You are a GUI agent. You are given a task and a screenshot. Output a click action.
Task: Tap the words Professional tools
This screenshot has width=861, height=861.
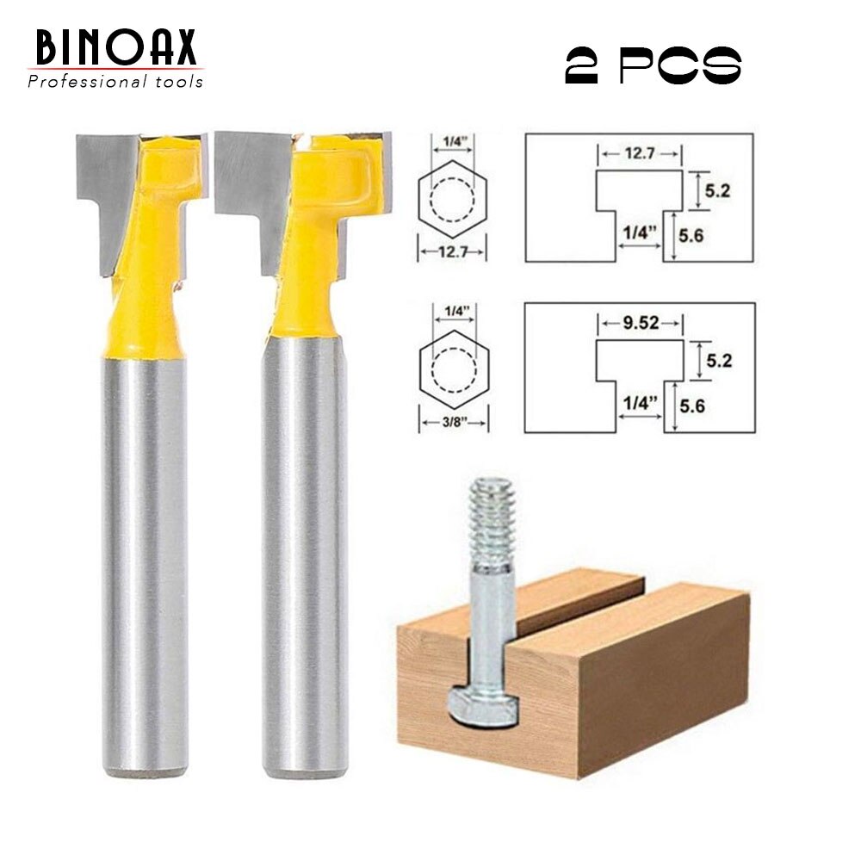[115, 82]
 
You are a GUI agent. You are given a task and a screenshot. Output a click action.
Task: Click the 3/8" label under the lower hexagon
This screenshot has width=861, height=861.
[453, 423]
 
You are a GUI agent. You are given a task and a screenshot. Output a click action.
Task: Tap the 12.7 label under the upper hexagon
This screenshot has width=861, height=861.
[453, 253]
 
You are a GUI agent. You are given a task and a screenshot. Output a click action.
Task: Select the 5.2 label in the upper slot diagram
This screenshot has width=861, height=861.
[717, 191]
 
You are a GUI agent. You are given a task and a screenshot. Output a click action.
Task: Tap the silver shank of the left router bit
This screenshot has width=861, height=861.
[145, 560]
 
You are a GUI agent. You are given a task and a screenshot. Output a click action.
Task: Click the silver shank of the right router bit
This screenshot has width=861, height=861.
[305, 560]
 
